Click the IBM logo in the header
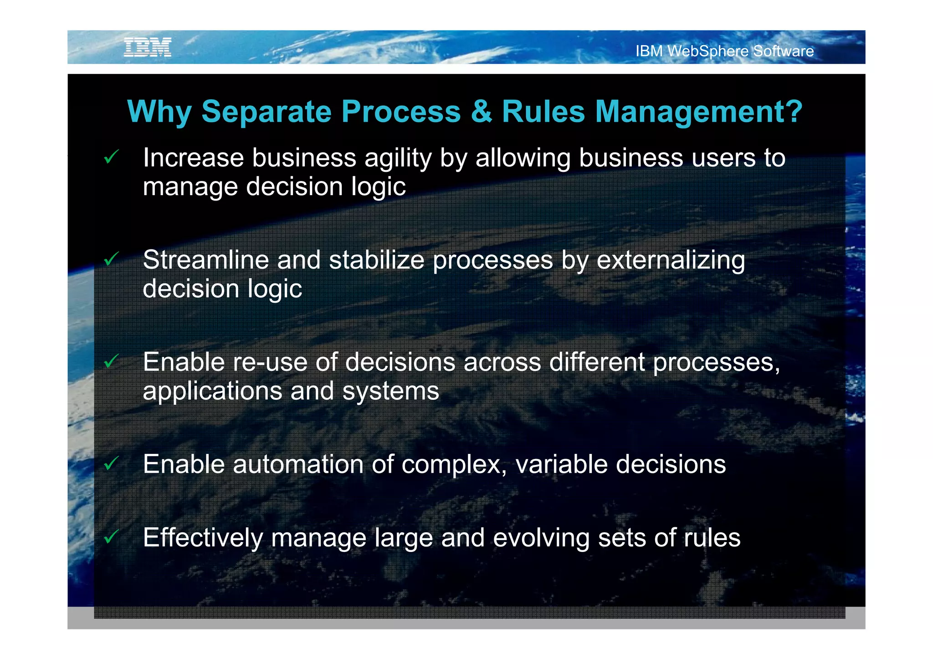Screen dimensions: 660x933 [x=148, y=47]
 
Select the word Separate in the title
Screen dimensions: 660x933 [x=266, y=112]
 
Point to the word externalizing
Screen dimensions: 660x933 [x=671, y=261]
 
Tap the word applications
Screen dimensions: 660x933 [x=212, y=392]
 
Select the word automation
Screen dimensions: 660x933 [x=298, y=464]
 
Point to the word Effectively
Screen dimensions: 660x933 [x=203, y=538]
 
